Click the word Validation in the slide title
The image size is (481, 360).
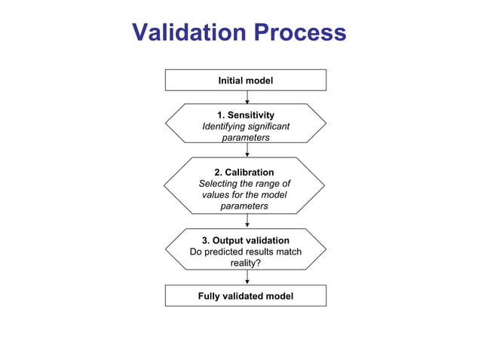(188, 33)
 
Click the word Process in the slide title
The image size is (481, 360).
(300, 33)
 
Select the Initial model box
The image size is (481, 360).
(246, 80)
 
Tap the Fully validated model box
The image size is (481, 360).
(246, 296)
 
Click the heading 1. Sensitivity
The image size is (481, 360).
(246, 114)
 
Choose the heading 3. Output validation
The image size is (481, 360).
(246, 240)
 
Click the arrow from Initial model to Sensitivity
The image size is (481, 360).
(247, 97)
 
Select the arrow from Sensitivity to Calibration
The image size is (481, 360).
(247, 150)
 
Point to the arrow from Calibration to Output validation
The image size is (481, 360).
(247, 221)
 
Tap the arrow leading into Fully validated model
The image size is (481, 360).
(247, 277)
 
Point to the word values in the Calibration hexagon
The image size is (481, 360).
(216, 195)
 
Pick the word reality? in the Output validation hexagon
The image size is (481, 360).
(246, 263)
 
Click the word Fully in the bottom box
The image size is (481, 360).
(210, 296)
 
